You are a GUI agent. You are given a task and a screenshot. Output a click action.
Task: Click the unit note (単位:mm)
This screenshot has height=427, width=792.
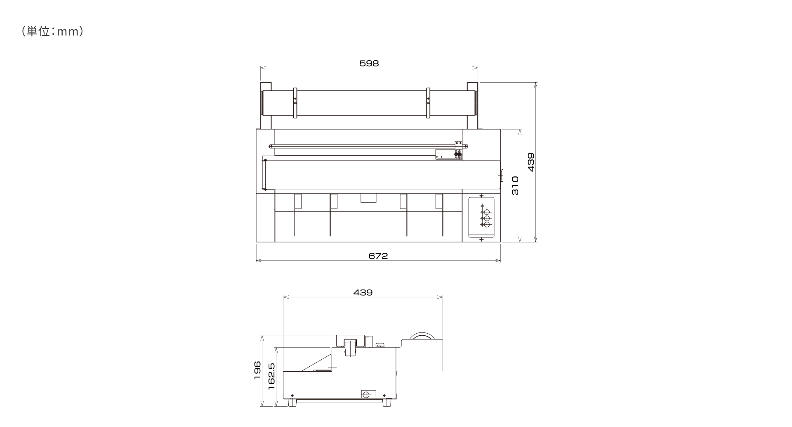52,32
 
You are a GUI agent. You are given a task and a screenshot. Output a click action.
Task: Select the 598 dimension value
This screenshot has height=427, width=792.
369,63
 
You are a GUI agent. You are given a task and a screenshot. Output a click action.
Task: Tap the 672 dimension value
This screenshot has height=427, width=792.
378,256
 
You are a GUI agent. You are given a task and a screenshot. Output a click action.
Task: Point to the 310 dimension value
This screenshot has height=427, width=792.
515,185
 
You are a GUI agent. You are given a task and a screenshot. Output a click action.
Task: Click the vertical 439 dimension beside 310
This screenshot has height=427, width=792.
531,162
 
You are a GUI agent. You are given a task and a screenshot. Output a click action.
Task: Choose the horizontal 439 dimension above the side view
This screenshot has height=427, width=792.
363,292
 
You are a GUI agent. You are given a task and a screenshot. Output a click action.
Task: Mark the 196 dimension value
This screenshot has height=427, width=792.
257,370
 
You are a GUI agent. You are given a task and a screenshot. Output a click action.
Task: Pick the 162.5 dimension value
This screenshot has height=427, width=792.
271,377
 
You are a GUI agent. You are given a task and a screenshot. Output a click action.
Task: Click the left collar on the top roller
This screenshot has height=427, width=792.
295,103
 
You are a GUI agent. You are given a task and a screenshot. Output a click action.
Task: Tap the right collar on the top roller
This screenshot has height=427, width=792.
428,103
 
